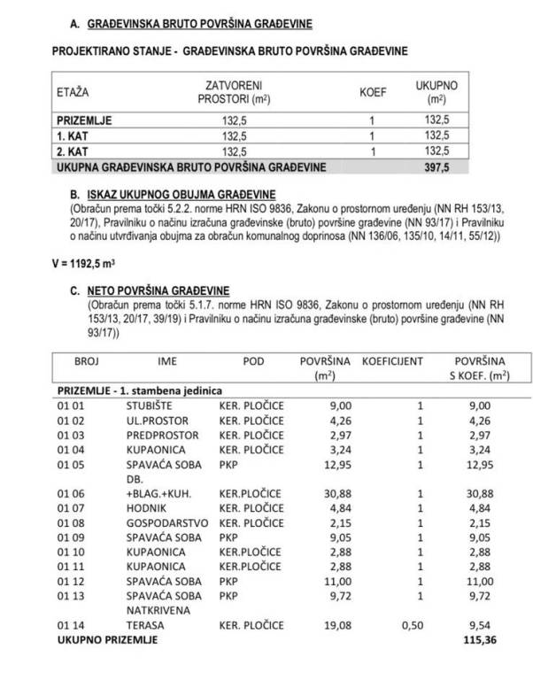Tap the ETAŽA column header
[73, 91]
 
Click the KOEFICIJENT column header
[391, 362]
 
